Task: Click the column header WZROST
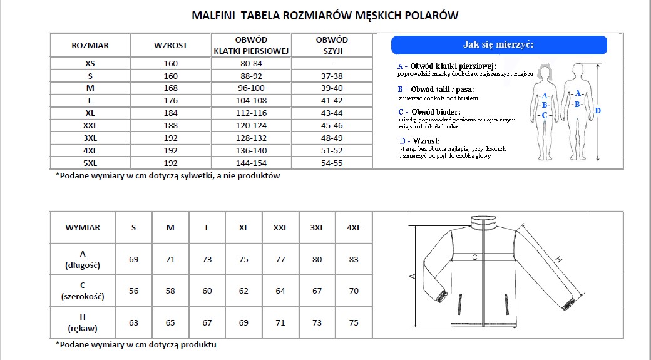[x=170, y=45]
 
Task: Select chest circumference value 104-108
[x=253, y=100]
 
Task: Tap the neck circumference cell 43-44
[x=332, y=113]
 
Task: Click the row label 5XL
[x=90, y=162]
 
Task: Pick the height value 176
[x=170, y=100]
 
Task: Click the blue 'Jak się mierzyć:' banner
[x=498, y=44]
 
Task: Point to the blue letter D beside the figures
[x=597, y=111]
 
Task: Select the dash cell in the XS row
[x=332, y=63]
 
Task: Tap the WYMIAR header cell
[x=82, y=228]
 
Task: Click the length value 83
[x=354, y=259]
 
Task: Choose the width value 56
[x=133, y=291]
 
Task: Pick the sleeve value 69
[x=243, y=322]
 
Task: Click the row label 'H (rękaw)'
[x=82, y=322]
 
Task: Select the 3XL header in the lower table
[x=317, y=228]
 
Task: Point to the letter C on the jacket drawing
[x=474, y=257]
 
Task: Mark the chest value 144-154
[x=253, y=162]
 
